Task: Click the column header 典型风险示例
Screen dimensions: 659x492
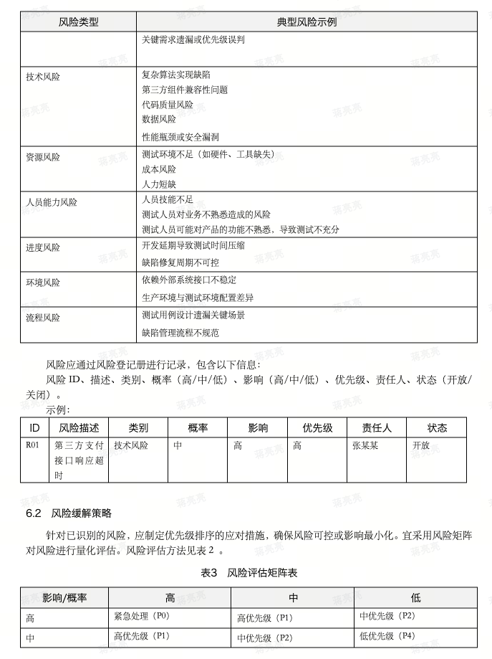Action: click(x=307, y=22)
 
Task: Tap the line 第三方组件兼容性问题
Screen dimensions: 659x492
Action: click(x=185, y=90)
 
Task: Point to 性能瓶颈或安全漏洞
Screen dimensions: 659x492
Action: click(x=180, y=136)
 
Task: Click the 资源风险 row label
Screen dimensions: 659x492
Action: click(x=43, y=157)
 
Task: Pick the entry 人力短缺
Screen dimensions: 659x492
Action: click(x=159, y=184)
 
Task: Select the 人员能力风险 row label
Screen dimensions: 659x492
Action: click(x=52, y=202)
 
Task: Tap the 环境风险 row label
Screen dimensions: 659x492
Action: click(x=43, y=283)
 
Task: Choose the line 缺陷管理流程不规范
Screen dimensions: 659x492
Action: click(x=180, y=333)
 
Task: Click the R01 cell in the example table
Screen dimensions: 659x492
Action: click(x=32, y=445)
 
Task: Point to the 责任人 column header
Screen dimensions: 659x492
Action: click(x=377, y=427)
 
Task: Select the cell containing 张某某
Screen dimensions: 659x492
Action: click(x=367, y=445)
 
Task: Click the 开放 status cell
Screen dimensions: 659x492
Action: click(x=421, y=445)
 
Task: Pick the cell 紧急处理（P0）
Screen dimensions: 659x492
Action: click(x=142, y=616)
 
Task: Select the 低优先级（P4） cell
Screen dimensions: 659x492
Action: click(x=387, y=635)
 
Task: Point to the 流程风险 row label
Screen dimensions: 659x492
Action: click(x=43, y=317)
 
